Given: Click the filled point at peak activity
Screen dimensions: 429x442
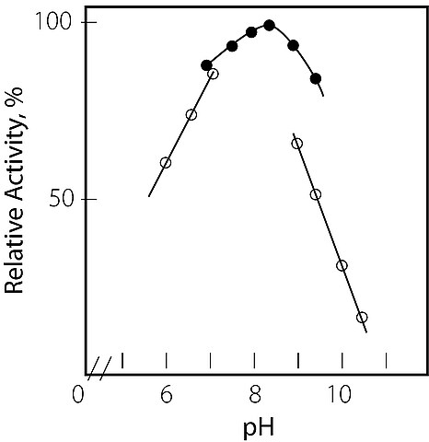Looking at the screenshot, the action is [269, 25].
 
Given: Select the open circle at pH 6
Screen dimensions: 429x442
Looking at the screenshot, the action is [166, 163].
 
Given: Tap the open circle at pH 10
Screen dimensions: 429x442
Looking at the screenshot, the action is [342, 265].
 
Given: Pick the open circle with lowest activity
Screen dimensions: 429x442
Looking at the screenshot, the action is [362, 318].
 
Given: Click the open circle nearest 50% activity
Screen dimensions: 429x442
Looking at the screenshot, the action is [316, 194].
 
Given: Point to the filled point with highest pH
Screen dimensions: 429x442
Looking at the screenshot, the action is [316, 79].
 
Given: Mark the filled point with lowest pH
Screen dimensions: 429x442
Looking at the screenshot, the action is [206, 65].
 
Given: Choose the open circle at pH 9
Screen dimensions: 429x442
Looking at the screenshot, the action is [297, 144].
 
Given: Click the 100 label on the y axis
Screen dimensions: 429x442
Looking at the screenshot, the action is [54, 21].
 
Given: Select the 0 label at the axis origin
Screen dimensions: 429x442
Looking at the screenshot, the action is [77, 395].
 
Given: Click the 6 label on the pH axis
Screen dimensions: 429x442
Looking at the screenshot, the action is [167, 395].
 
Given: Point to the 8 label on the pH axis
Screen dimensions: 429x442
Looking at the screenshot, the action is [254, 395].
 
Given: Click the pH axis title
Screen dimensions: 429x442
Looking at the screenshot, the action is [259, 429].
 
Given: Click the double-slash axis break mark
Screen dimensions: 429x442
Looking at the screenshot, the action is [99, 368].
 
